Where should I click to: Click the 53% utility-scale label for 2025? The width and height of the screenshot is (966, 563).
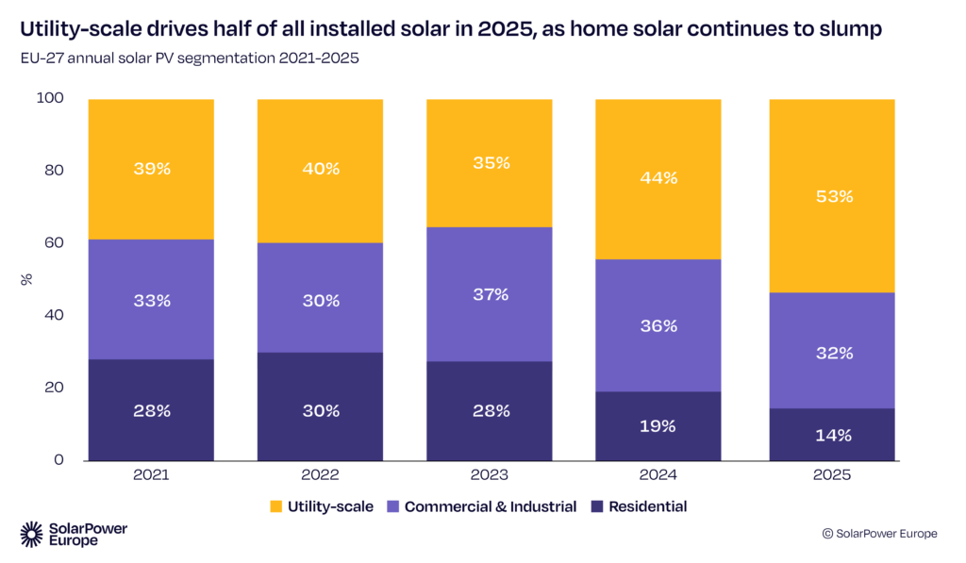(x=832, y=196)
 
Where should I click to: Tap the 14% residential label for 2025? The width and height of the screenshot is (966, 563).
(x=832, y=435)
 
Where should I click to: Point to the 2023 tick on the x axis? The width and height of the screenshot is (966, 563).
(x=490, y=475)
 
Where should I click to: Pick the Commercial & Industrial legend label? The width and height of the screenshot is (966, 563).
(x=490, y=506)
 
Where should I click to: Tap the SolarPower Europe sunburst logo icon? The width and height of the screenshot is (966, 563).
(x=32, y=534)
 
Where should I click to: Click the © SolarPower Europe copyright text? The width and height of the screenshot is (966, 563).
(x=879, y=534)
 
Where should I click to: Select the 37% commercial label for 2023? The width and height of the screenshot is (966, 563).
(x=490, y=294)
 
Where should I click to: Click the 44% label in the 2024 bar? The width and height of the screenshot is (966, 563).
(x=658, y=178)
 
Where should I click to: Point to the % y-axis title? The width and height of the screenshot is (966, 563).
(x=25, y=279)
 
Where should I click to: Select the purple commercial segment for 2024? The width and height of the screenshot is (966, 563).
(x=658, y=325)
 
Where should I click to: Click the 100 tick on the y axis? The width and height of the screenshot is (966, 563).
(x=49, y=98)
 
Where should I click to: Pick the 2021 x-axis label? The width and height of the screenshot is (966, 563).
(x=151, y=475)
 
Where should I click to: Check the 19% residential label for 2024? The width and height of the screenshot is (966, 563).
(x=658, y=425)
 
